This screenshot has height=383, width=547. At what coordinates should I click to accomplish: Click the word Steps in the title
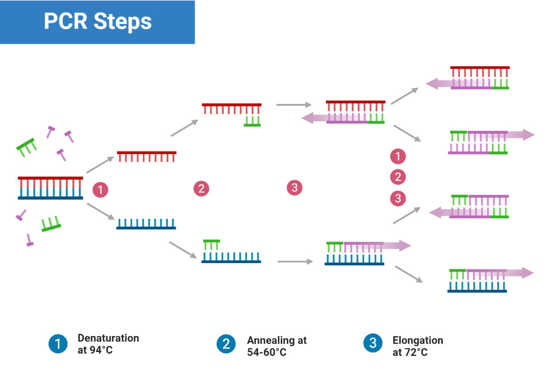[x=124, y=21]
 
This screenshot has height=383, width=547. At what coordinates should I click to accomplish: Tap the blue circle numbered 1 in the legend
[x=58, y=343]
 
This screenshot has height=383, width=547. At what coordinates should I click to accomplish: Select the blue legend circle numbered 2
[x=226, y=343]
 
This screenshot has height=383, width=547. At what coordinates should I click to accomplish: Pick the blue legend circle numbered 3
[x=373, y=343]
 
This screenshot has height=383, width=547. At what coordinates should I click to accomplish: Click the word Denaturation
[x=108, y=338]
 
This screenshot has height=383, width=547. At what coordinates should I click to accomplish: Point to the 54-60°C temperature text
[x=267, y=352]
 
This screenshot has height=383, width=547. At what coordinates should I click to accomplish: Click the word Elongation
[x=417, y=340]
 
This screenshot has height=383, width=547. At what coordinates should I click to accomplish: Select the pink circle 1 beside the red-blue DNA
[x=100, y=189]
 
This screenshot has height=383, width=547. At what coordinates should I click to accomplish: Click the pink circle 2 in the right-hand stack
[x=398, y=177]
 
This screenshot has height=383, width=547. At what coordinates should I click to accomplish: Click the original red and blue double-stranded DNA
[x=51, y=188]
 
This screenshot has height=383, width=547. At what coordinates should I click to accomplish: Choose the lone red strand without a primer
[x=146, y=156]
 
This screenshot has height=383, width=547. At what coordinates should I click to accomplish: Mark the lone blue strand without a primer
[x=146, y=223]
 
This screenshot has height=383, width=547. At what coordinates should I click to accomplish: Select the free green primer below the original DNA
[x=51, y=223]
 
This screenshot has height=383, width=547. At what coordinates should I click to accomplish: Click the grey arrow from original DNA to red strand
[x=100, y=165]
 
